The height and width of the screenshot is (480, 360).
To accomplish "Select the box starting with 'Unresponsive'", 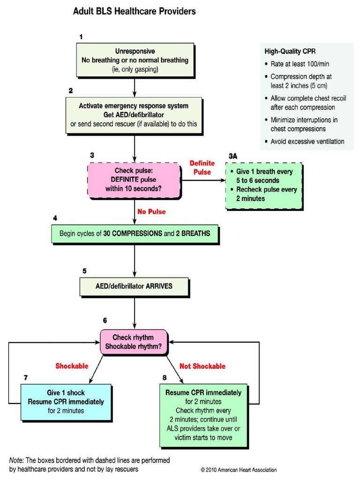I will tap(135, 60).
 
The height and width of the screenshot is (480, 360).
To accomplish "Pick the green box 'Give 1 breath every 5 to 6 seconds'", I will tap(264, 185).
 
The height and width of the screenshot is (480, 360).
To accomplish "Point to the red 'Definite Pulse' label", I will tap(202, 167).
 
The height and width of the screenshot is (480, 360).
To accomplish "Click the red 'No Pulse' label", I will tap(151, 211).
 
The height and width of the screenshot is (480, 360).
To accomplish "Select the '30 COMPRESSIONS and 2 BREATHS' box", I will tap(135, 233).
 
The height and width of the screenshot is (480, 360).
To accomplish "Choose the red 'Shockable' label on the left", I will tap(72, 366).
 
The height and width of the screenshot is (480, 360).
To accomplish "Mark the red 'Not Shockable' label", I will tap(202, 366).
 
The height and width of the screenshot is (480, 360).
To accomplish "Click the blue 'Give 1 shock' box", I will tap(66, 402).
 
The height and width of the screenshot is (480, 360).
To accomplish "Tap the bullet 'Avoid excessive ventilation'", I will tap(307, 141).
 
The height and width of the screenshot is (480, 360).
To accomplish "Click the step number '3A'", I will tap(233, 155).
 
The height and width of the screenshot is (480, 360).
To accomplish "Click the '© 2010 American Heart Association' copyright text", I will tap(239, 469).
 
